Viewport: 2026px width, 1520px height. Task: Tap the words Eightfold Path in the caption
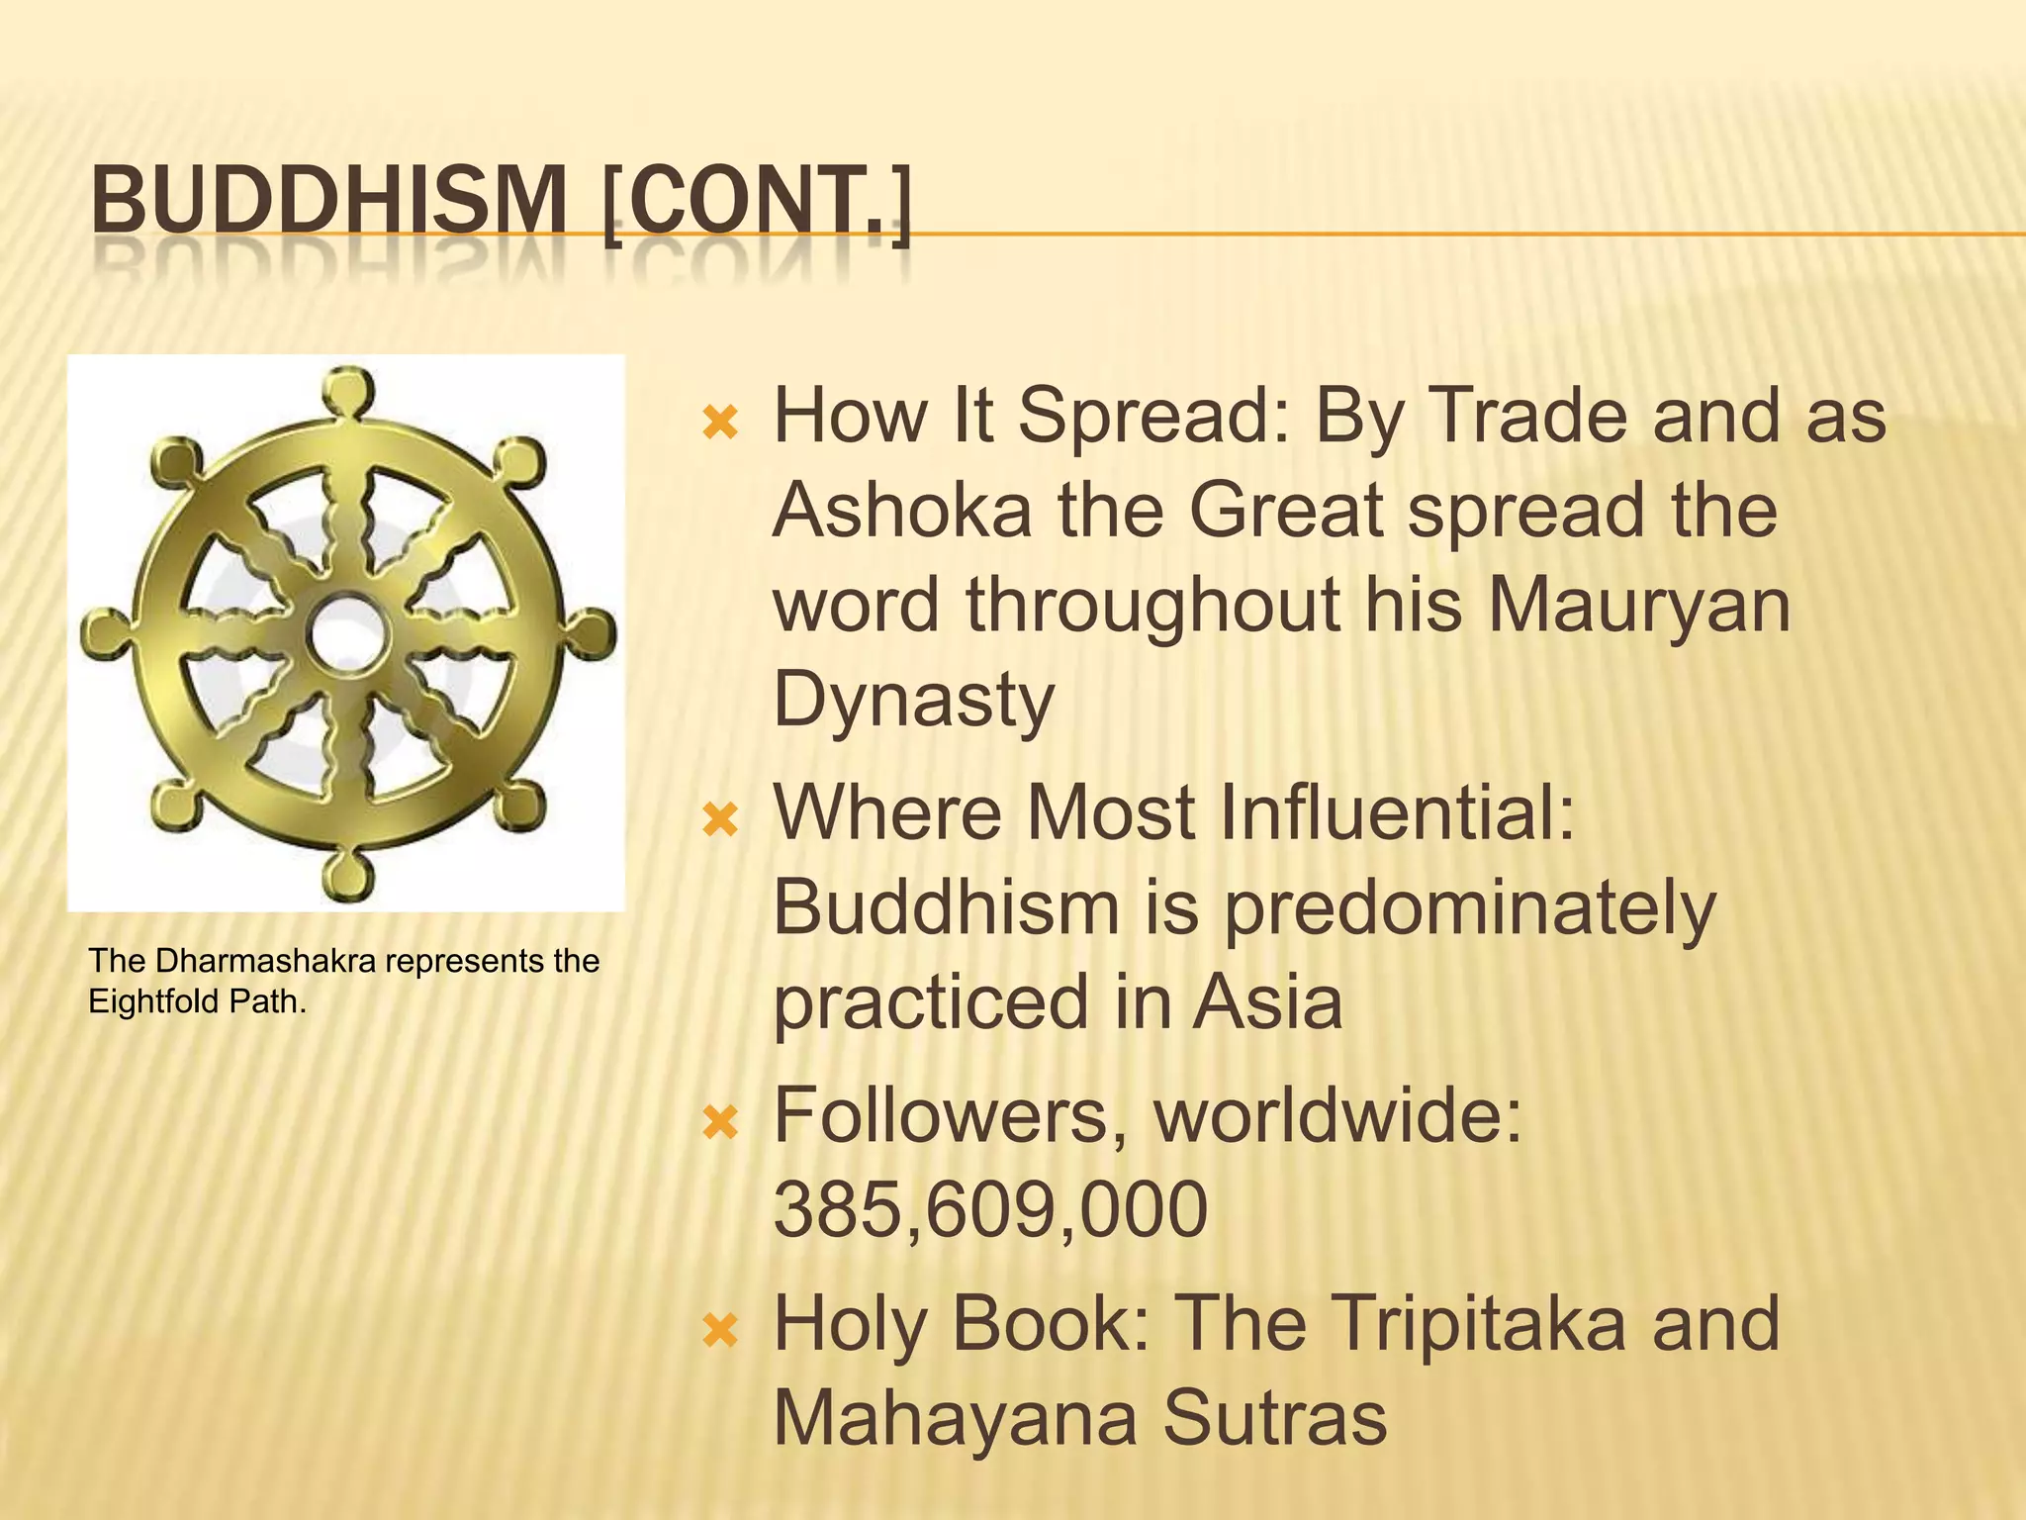(196, 1002)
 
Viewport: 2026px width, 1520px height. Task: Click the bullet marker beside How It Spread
(719, 424)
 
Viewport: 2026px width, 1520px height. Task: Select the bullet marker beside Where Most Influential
(719, 820)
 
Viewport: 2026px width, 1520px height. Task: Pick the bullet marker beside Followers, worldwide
(719, 1123)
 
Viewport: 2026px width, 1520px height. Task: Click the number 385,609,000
(990, 1209)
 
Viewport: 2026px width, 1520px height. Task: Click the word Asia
(1267, 1002)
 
